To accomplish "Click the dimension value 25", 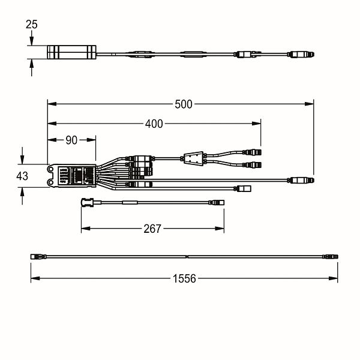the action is (x=31, y=25).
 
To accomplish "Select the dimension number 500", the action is (x=183, y=104).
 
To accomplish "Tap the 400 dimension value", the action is (x=154, y=124).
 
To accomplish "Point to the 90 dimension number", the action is (x=71, y=140).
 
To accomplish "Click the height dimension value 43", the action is (x=22, y=176).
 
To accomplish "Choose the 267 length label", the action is (x=152, y=229).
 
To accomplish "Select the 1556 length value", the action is (x=184, y=278).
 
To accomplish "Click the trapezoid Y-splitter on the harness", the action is (x=194, y=158).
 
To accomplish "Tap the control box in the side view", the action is (x=71, y=52).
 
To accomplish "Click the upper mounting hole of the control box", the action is (x=51, y=169).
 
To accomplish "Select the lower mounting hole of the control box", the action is (x=51, y=182).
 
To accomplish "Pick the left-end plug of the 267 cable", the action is (x=87, y=202).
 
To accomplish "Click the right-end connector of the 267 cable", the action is (x=217, y=203).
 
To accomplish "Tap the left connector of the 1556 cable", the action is (x=38, y=256).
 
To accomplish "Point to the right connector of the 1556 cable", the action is (x=330, y=256).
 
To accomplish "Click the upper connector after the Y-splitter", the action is (x=252, y=152).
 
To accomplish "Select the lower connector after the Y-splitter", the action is (x=252, y=164).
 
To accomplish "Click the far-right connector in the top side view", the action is (x=301, y=55).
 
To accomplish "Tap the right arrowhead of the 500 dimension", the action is (x=309, y=104).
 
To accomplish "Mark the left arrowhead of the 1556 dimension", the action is (x=35, y=278).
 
